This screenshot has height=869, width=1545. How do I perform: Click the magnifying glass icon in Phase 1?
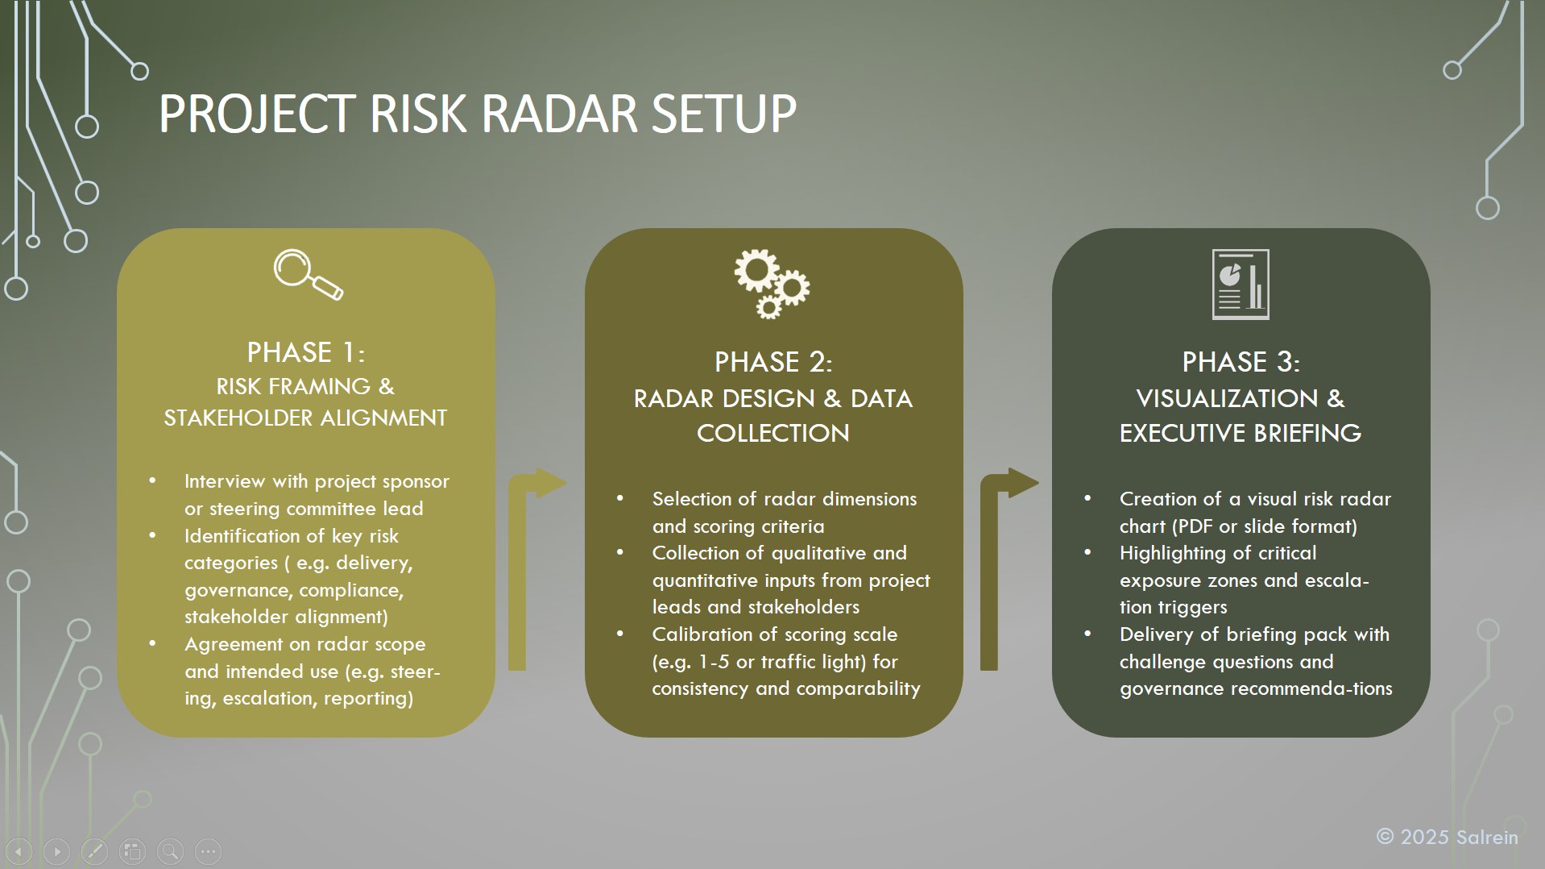[308, 274]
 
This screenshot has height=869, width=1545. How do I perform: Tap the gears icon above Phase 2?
[772, 284]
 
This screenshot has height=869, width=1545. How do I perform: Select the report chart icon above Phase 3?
[1241, 285]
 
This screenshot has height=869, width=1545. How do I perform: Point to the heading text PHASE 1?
[306, 352]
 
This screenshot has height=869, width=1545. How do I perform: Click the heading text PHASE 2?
[773, 362]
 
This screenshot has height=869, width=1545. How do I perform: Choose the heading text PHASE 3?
[1241, 362]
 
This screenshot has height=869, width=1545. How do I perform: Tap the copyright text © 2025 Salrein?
[1447, 837]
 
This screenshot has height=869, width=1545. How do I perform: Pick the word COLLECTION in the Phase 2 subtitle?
[773, 433]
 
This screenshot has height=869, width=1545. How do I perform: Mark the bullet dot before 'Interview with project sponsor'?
[152, 481]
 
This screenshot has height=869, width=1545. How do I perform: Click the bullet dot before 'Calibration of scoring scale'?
[619, 634]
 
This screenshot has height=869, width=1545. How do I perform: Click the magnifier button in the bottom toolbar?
[170, 850]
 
